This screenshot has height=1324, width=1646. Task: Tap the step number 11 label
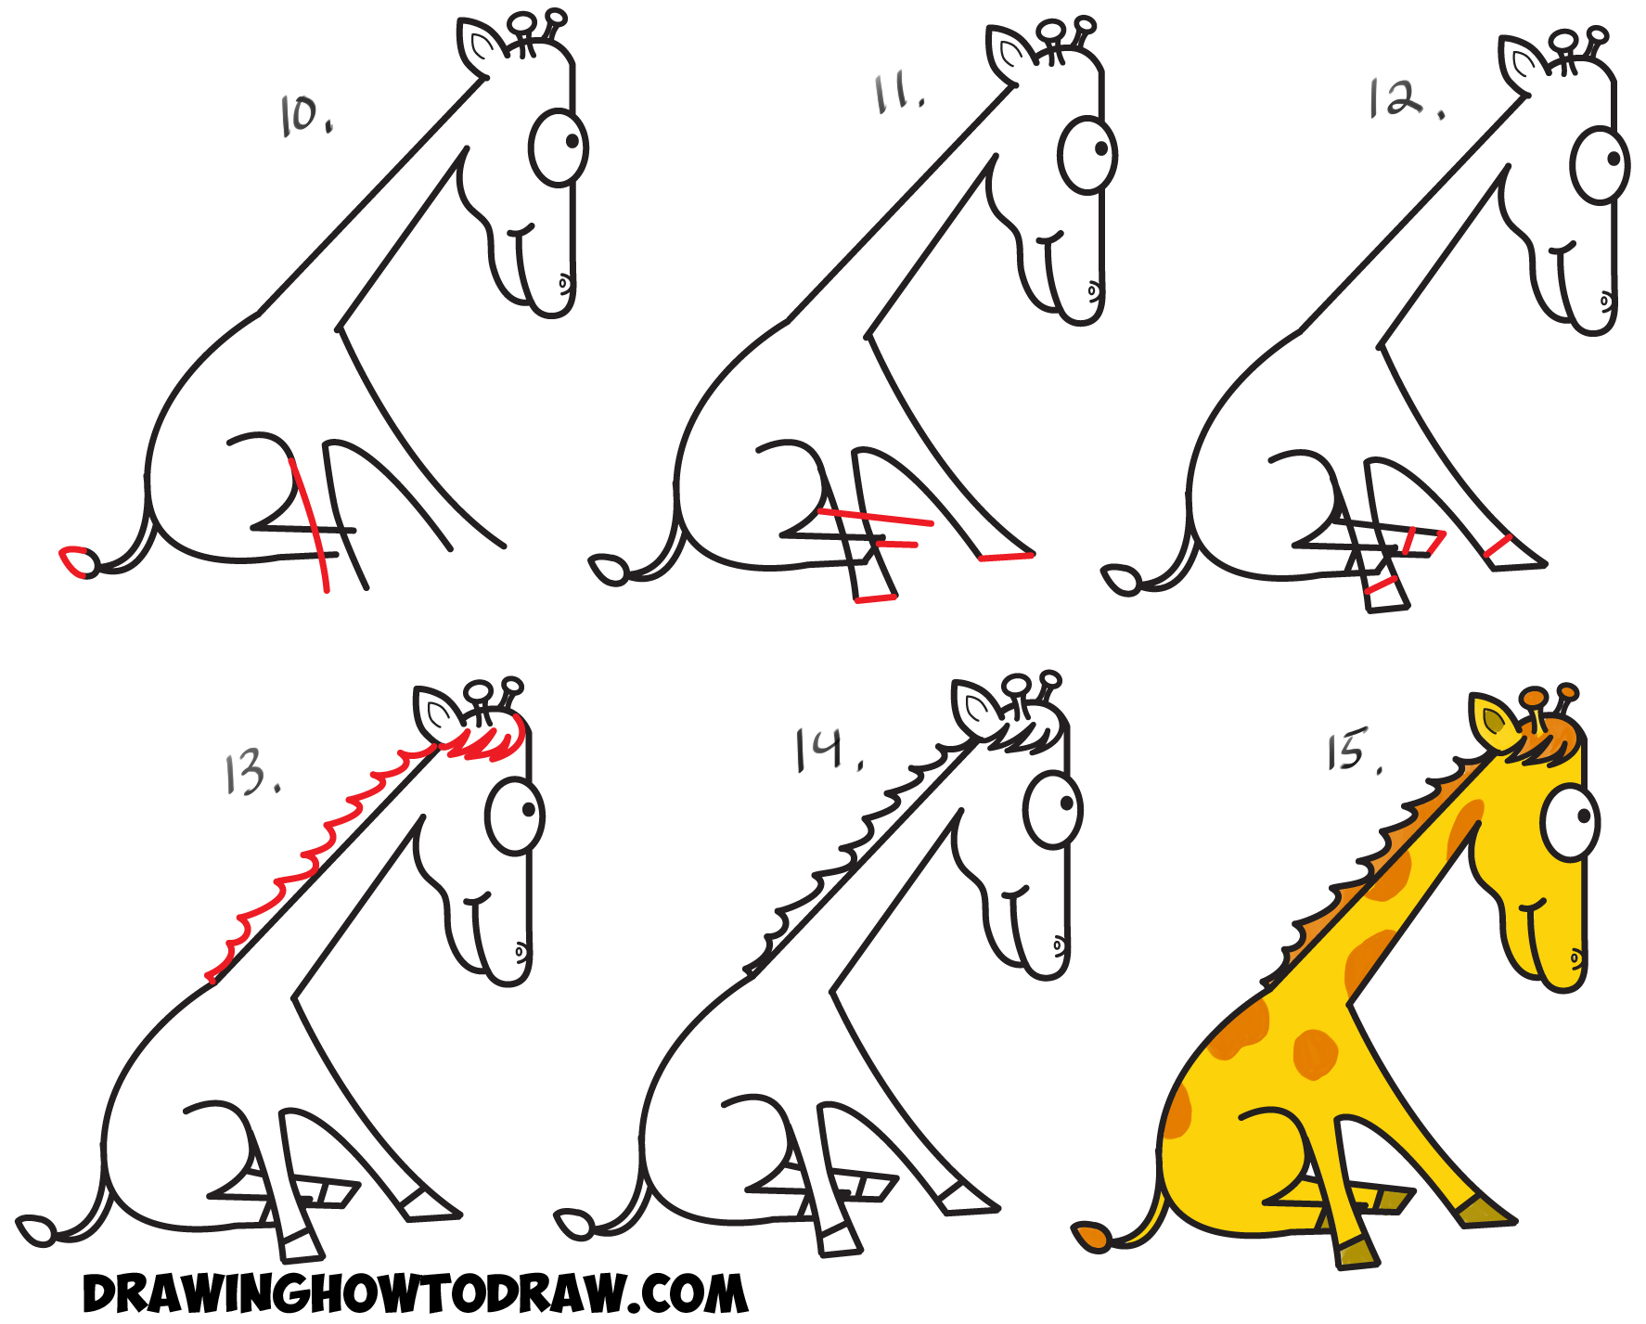coord(897,95)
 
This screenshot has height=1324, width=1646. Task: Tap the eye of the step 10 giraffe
coord(559,148)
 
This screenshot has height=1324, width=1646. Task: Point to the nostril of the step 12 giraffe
coord(1606,302)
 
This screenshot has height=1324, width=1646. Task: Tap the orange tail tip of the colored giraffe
coord(1091,1238)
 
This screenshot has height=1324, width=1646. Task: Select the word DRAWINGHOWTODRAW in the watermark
coord(353,1294)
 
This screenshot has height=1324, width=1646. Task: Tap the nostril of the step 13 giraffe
coord(521,951)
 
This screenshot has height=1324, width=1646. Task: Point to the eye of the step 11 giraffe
coord(1087,153)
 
